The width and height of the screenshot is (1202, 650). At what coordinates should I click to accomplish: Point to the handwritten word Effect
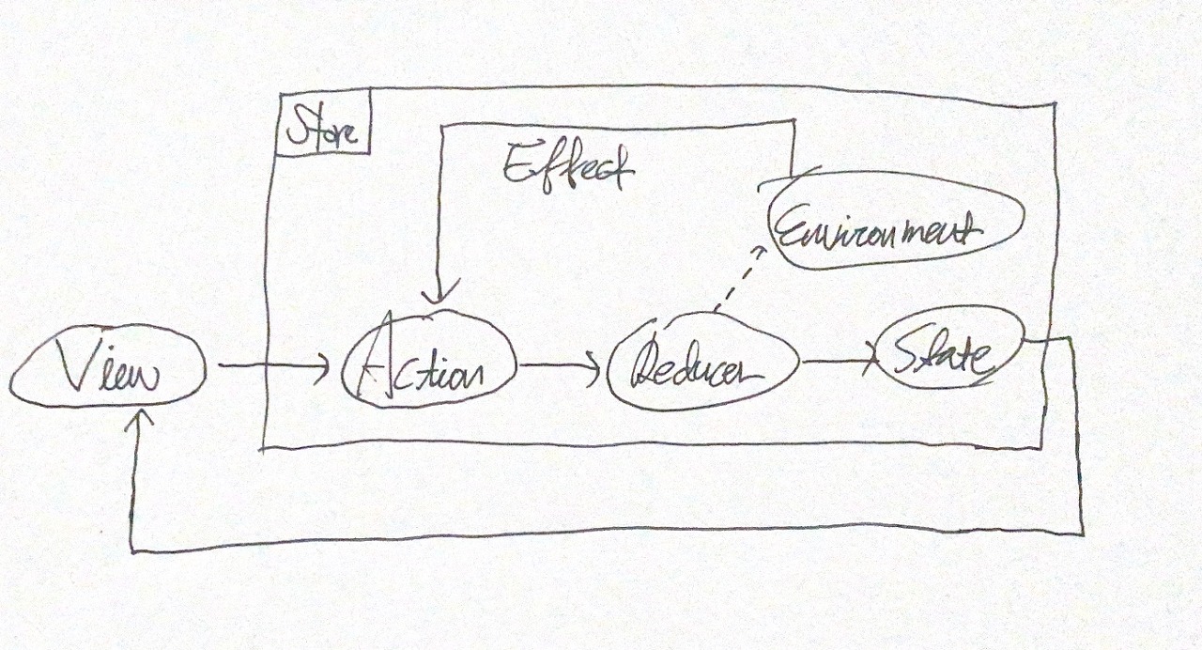pyautogui.click(x=567, y=168)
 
